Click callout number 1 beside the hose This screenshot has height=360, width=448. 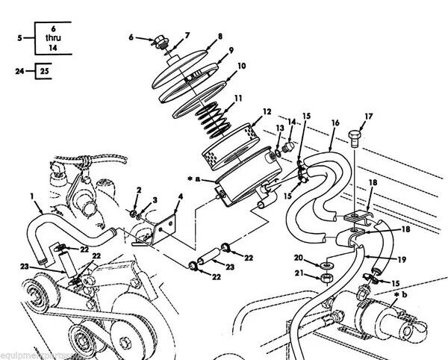[x=33, y=196]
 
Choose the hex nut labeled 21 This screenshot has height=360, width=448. [x=327, y=279]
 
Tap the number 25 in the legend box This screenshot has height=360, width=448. [x=44, y=72]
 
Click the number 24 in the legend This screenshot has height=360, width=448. [x=19, y=72]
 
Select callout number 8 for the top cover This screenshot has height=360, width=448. [x=220, y=37]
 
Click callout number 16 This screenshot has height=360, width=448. [x=335, y=122]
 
